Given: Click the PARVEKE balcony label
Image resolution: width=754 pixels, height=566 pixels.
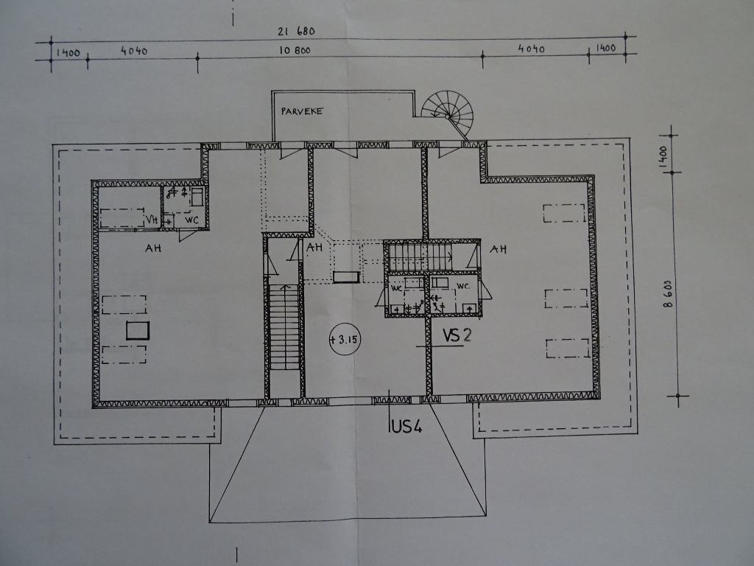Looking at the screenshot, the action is tap(302, 111).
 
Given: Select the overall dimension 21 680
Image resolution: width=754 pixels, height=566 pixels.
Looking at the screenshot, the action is tap(296, 31).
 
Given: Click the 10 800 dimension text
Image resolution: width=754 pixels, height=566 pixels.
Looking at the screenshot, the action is tap(295, 50).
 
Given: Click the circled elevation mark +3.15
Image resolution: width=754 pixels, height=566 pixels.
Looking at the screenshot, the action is tap(345, 339).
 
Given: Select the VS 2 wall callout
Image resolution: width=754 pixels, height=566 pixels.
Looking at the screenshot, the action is tap(457, 335).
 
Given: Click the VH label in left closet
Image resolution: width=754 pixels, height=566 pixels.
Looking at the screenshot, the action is tap(152, 220).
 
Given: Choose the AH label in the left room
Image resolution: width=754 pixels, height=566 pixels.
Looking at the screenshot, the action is tap(153, 248).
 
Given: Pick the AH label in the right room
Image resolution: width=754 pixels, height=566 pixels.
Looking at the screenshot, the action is tap(498, 249).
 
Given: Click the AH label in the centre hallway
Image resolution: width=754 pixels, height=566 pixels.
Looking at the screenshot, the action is tap(314, 248).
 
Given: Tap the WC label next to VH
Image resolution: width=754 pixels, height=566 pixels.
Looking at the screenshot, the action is tap(192, 220).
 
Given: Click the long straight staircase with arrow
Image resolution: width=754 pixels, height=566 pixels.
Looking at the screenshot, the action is tap(285, 327).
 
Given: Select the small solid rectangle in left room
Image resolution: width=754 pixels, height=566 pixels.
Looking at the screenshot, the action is tap(138, 331).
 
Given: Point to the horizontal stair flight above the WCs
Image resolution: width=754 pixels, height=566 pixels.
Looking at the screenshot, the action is tap(420, 257).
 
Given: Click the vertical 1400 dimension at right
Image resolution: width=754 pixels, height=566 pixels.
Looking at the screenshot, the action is tap(663, 156).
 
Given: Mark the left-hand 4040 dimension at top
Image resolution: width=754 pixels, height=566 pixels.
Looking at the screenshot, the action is tap(134, 51).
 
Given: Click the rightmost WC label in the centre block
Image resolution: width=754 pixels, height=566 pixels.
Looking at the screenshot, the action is tap(462, 287).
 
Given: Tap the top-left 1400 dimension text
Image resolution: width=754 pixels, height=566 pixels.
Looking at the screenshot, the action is tap(68, 52).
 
